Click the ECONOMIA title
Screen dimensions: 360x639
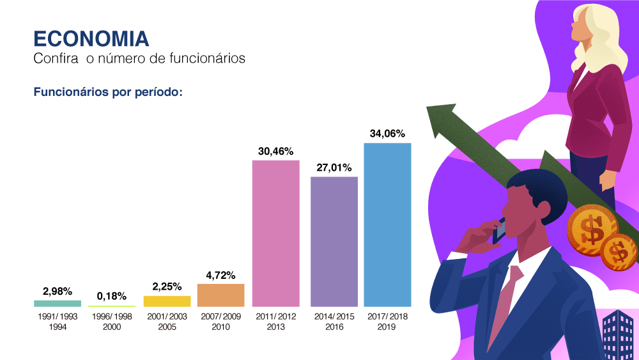[91, 38]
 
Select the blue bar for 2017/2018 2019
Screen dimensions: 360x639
[387, 224]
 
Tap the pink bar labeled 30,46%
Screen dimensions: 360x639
[276, 233]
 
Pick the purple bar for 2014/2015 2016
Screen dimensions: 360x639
[334, 242]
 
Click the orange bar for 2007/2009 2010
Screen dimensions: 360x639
[220, 295]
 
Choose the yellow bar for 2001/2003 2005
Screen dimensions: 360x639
[167, 301]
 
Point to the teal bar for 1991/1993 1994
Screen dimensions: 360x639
[58, 303]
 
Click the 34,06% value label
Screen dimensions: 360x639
[387, 134]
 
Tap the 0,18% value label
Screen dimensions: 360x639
[112, 296]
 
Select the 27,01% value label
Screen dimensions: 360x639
[334, 168]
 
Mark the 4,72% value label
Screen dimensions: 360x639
[220, 276]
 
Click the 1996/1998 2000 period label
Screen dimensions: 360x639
[112, 322]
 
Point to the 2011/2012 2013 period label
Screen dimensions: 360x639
[276, 322]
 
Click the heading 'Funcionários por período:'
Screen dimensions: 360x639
[108, 92]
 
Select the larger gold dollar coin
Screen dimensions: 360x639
[593, 228]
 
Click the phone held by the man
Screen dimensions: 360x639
[499, 230]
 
